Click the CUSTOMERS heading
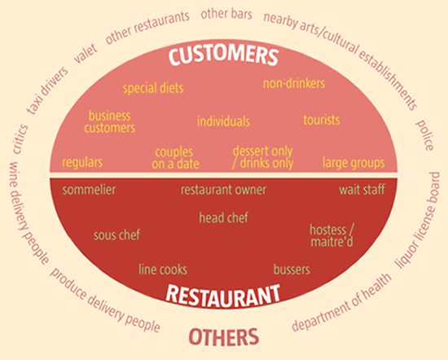pos(223,55)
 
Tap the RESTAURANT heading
pos(223,296)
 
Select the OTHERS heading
pos(224,337)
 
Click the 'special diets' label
pos(153,88)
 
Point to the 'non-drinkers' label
pos(294,83)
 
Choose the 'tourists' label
pos(322,120)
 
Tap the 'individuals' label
pos(223,121)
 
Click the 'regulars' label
pos(82,162)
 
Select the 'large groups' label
pos(354,163)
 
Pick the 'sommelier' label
pos(89,190)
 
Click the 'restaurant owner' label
pos(223,190)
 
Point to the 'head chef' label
pos(223,217)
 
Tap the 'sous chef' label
pos(116,235)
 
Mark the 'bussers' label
pos(292,270)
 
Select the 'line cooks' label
pos(163,270)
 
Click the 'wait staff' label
pos(362,190)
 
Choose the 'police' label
pos(425,135)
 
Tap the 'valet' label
pos(86,53)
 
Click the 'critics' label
pos(20,139)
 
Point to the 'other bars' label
pos(226,14)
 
